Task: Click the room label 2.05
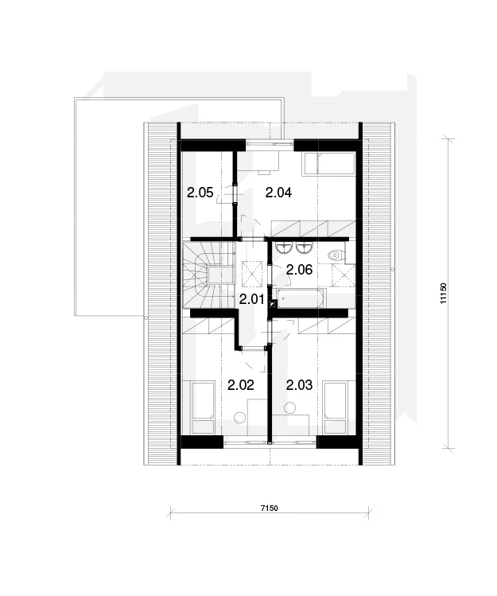[x=200, y=193]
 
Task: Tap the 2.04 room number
[x=278, y=193]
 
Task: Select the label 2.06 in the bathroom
[x=299, y=270]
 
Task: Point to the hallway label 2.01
[x=251, y=299]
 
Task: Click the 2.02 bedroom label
[x=240, y=385]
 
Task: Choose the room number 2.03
[x=300, y=385]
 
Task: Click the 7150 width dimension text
[x=269, y=508]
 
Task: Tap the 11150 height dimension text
[x=443, y=293]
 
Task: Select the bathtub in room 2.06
[x=301, y=299]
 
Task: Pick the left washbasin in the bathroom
[x=284, y=248]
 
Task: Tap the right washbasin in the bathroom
[x=304, y=248]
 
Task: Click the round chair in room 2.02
[x=240, y=417]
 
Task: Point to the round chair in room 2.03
[x=290, y=407]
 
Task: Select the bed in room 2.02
[x=203, y=407]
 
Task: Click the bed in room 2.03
[x=335, y=407]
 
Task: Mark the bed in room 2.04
[x=328, y=164]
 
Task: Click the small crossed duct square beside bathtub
[x=273, y=304]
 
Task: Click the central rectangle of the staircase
[x=220, y=275]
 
